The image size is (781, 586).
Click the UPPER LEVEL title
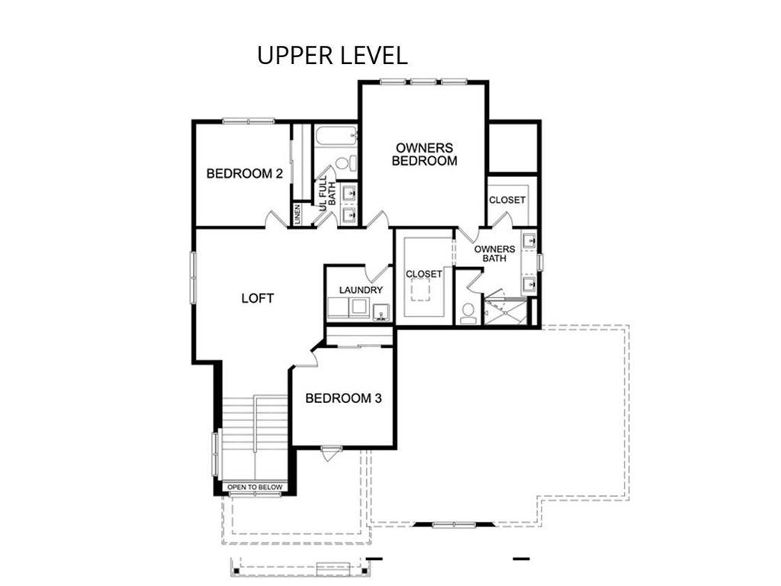click(333, 55)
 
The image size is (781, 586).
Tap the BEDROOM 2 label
click(245, 174)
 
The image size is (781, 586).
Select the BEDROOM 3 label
click(343, 398)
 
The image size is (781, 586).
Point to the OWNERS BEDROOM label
click(424, 154)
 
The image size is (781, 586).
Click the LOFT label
click(258, 298)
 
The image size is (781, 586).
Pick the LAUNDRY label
click(361, 290)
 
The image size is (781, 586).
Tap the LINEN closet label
click(297, 214)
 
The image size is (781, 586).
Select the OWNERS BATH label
click(494, 253)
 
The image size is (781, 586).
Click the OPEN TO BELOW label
click(255, 487)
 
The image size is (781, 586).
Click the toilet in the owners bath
click(468, 313)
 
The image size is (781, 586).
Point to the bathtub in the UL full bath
click(336, 136)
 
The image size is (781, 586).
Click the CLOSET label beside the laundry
click(424, 274)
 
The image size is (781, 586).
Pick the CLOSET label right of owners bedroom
click(507, 200)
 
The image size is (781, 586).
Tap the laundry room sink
click(382, 312)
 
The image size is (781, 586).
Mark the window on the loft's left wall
click(193, 278)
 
